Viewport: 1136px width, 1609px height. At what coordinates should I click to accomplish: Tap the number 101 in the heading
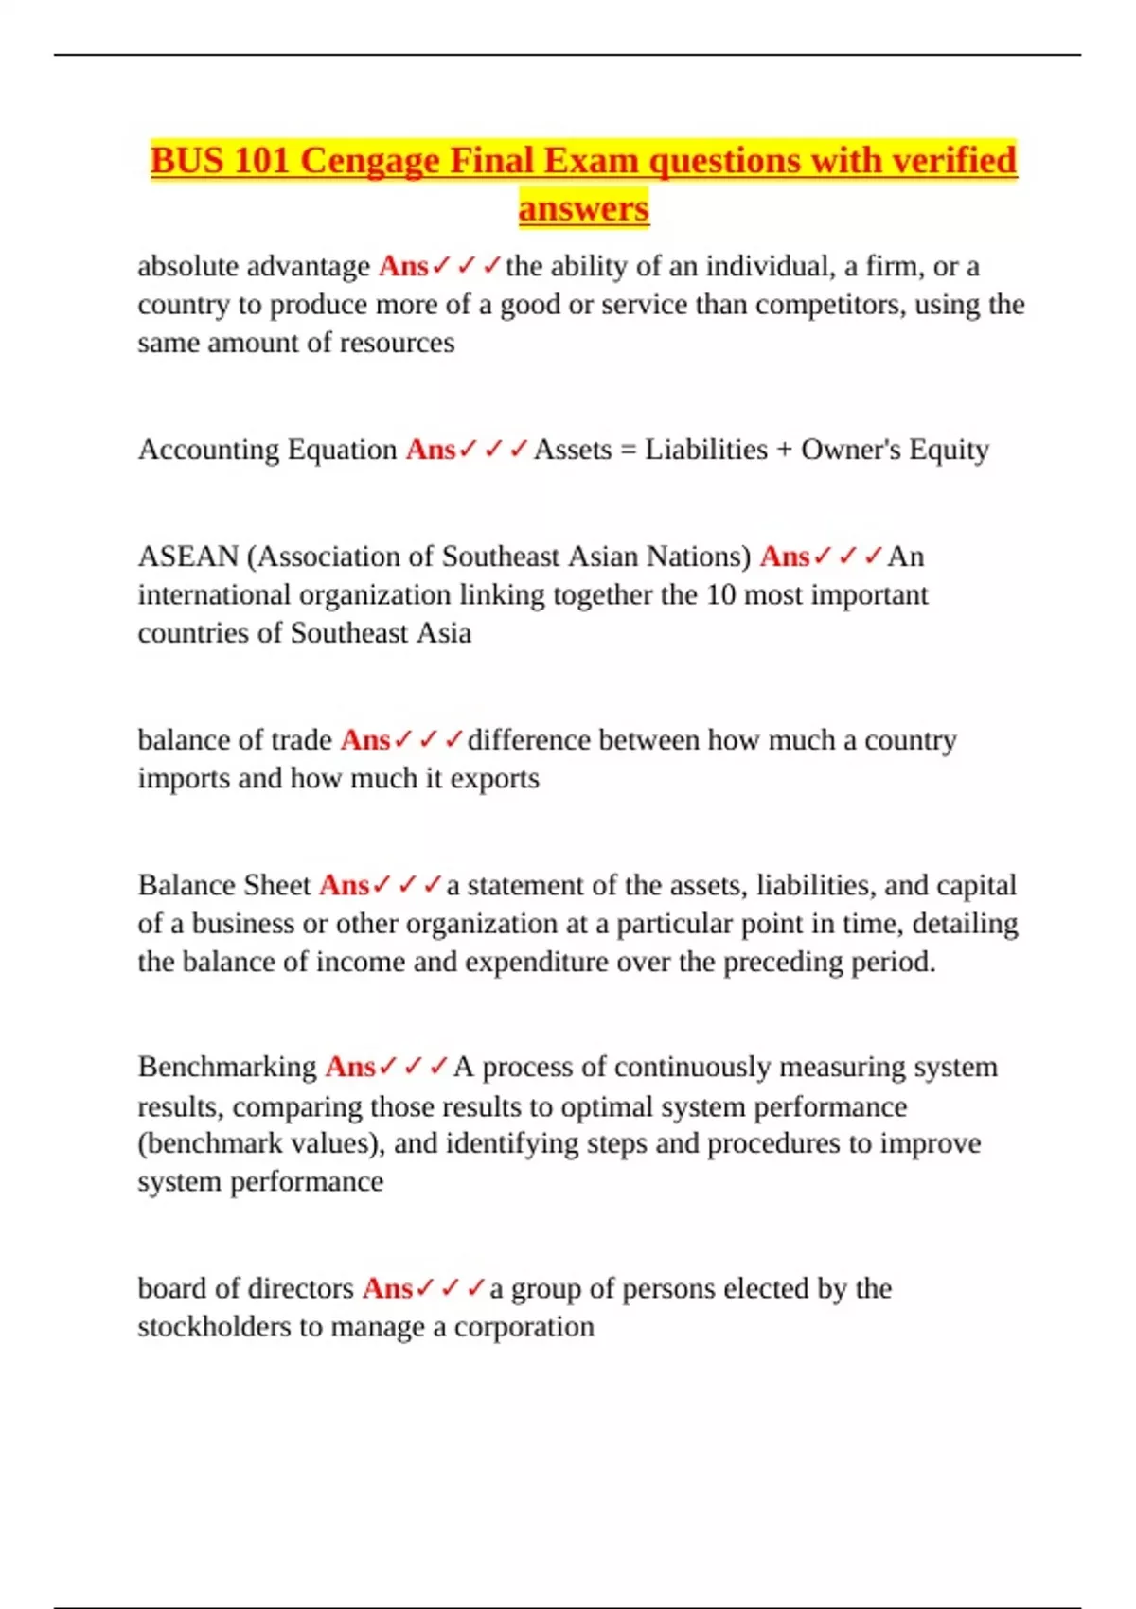click(260, 161)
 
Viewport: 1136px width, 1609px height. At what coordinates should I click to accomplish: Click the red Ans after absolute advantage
click(403, 267)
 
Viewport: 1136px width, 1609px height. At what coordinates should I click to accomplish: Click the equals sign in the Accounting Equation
click(628, 450)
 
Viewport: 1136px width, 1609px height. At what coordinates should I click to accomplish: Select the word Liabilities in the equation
click(706, 450)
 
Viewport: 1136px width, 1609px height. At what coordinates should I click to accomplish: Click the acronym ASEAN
click(187, 557)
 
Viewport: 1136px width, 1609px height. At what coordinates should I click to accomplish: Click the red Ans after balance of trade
click(365, 740)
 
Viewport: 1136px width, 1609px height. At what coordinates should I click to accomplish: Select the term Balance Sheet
click(224, 885)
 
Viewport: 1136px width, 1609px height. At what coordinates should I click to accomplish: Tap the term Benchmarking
click(227, 1067)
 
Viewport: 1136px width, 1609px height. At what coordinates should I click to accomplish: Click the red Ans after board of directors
click(387, 1288)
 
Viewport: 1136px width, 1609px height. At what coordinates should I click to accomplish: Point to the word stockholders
click(215, 1327)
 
